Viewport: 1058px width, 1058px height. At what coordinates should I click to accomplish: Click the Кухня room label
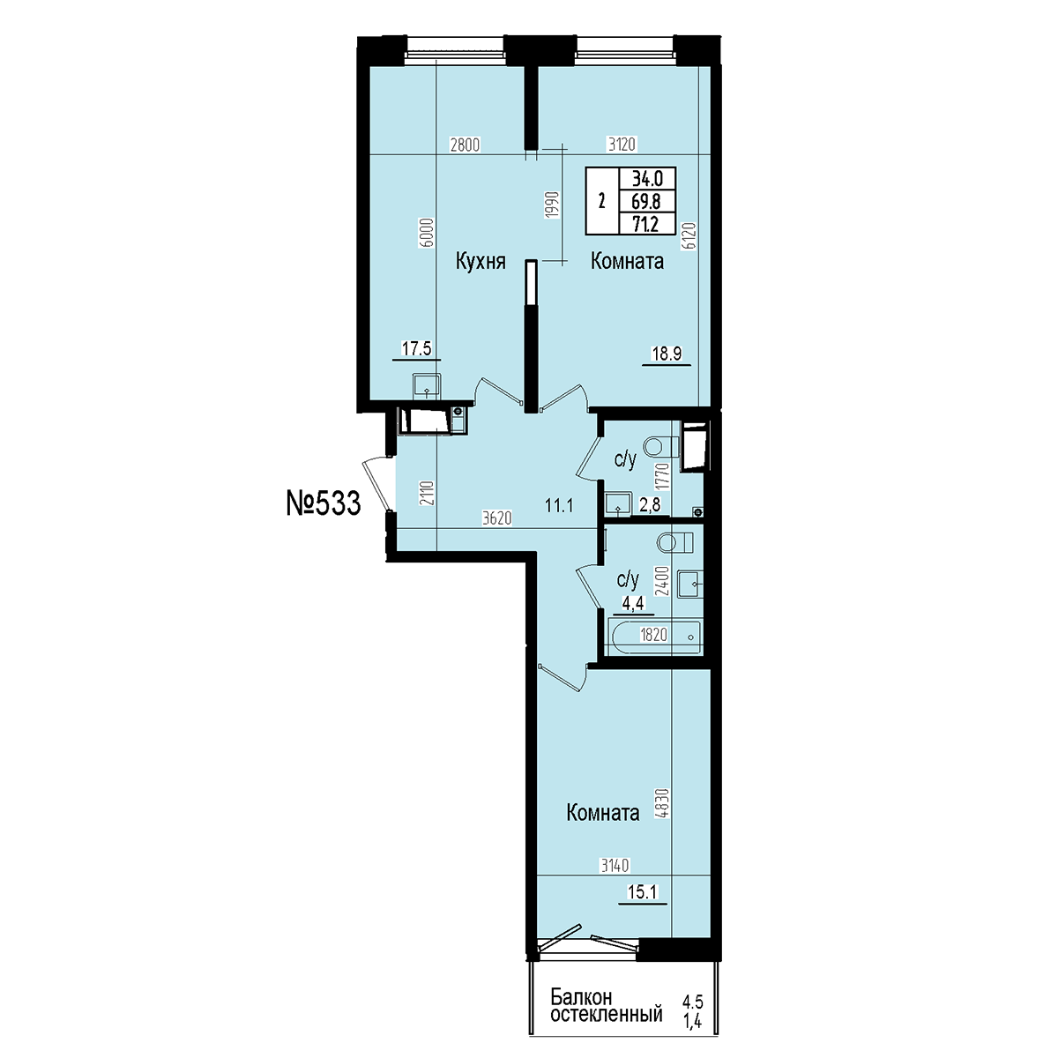[x=481, y=263]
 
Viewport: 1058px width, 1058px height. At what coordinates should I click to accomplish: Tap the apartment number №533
[x=324, y=503]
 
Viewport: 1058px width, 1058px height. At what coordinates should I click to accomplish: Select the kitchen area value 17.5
[x=417, y=348]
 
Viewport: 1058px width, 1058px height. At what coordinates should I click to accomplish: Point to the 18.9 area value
[x=667, y=354]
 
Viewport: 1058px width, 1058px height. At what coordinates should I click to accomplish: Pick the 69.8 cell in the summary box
[x=646, y=202]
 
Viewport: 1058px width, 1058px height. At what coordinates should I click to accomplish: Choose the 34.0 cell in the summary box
[x=647, y=178]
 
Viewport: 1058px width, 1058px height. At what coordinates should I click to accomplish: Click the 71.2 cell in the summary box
[x=645, y=224]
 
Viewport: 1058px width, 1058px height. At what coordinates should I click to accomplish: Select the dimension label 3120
[x=621, y=145]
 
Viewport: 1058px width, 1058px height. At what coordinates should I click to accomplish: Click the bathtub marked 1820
[x=654, y=637]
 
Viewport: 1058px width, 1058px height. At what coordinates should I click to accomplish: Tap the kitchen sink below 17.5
[x=427, y=385]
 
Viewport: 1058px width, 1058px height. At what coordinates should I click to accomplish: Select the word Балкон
[x=581, y=996]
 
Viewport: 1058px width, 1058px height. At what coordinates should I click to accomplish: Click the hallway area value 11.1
[x=560, y=505]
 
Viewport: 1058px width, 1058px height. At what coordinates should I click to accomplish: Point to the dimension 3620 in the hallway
[x=497, y=518]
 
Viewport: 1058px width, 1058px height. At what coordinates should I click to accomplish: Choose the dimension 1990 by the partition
[x=552, y=205]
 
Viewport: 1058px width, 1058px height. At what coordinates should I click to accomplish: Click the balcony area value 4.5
[x=692, y=1002]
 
